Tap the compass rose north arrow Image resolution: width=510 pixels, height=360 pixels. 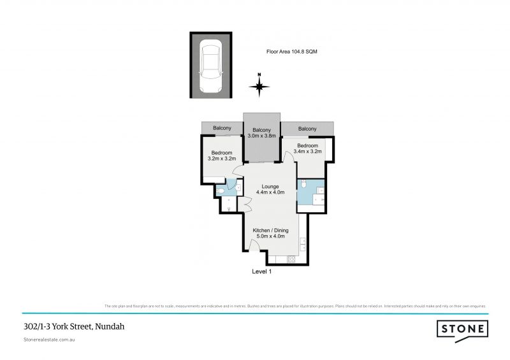point(259,85)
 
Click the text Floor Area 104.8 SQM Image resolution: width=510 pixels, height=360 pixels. point(291,52)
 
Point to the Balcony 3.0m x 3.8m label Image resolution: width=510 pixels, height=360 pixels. point(262,132)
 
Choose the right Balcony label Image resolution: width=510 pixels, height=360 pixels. point(307,129)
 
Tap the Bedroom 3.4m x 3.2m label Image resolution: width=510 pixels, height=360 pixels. point(307,149)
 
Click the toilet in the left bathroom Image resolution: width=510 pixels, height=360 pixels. point(220,190)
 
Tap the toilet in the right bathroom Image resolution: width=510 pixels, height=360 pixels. point(305,185)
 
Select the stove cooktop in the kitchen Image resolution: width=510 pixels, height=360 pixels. point(292,259)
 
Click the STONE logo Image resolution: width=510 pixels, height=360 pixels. point(463,329)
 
